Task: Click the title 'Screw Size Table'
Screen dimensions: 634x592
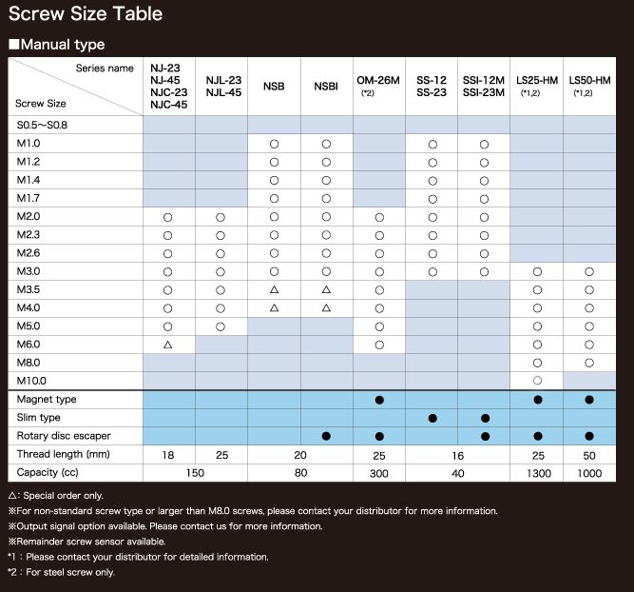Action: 86,13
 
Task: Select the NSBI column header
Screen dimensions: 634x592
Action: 326,87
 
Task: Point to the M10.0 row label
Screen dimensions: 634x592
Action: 31,381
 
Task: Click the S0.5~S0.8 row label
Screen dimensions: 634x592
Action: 42,125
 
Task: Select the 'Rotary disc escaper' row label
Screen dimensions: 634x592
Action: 64,436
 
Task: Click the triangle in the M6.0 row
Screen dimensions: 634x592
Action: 168,345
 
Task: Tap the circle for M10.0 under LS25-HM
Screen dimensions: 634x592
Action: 537,381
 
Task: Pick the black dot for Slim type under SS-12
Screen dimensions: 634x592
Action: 432,418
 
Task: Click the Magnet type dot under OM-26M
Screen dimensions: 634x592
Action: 379,400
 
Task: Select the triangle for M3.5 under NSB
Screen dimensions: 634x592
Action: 274,289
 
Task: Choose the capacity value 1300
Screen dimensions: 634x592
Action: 539,473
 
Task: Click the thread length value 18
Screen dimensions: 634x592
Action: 168,455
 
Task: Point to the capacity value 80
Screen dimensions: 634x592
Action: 300,473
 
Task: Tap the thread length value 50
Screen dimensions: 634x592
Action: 589,456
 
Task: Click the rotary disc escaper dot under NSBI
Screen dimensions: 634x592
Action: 326,436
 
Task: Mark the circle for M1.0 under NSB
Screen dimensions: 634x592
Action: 274,144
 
